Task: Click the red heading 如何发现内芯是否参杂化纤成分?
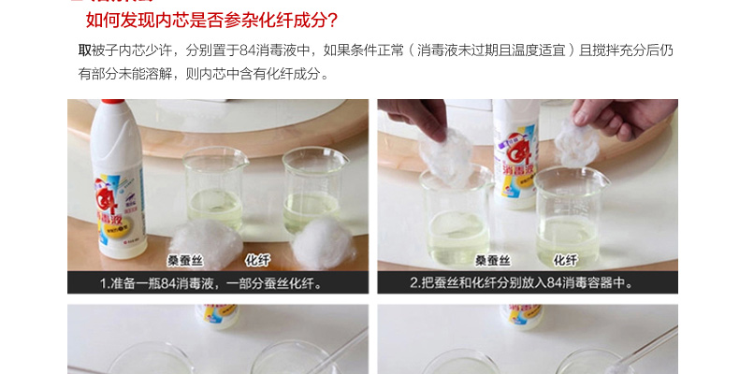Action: pyautogui.click(x=211, y=20)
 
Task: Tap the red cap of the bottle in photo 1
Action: pyautogui.click(x=113, y=101)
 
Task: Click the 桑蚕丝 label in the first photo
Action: pyautogui.click(x=185, y=261)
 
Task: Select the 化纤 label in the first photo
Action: pyautogui.click(x=257, y=260)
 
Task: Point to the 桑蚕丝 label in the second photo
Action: pyautogui.click(x=492, y=261)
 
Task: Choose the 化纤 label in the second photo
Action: pyautogui.click(x=565, y=260)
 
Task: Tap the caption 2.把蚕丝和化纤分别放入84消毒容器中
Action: pyautogui.click(x=521, y=282)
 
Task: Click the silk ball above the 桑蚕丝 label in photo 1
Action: pyautogui.click(x=206, y=243)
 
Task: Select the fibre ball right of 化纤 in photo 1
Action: pyautogui.click(x=324, y=243)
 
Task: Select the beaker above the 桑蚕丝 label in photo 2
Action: pyautogui.click(x=456, y=217)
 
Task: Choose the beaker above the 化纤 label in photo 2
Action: pyautogui.click(x=571, y=217)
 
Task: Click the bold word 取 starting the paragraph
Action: pyautogui.click(x=85, y=50)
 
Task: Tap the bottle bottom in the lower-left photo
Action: pyautogui.click(x=217, y=317)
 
